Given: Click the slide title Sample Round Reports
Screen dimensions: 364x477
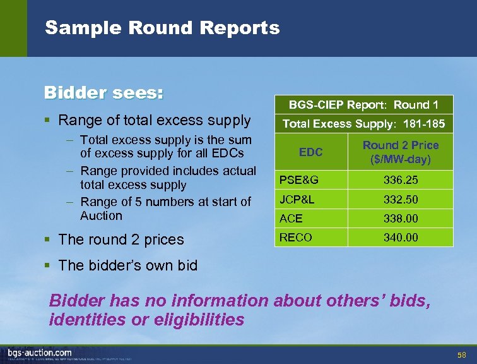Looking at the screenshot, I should (x=162, y=28).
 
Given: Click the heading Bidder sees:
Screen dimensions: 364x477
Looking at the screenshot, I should (x=103, y=93).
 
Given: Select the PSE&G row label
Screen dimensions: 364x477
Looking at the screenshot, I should (x=298, y=180).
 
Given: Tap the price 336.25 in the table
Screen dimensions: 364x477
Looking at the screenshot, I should (x=401, y=180).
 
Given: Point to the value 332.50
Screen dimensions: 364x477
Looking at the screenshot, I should (x=401, y=200).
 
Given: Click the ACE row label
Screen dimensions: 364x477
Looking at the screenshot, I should (x=291, y=219).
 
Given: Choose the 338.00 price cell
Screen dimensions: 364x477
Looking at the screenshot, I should (x=401, y=219).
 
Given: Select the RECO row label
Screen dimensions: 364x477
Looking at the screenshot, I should (x=295, y=238).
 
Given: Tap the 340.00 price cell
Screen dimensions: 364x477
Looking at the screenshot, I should (x=401, y=238).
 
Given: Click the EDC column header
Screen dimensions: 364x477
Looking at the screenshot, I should (x=310, y=152).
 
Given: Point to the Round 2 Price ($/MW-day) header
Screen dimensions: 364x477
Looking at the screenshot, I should (x=401, y=152).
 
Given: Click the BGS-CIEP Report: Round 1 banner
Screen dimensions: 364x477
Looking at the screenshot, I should (x=363, y=105).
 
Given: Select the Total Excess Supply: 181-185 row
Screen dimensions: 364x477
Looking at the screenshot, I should (x=363, y=124).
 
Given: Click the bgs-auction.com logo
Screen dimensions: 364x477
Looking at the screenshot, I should (x=40, y=353).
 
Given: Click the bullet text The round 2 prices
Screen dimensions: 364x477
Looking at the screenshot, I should (x=121, y=240).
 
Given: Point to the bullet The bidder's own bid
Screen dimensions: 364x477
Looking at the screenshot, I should (x=127, y=265).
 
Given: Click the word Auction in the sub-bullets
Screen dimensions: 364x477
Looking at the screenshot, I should (x=101, y=215).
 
